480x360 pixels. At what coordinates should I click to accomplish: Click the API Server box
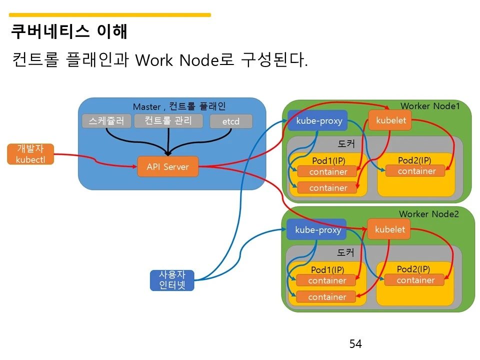(x=167, y=166)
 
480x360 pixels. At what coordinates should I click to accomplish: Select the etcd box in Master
(x=230, y=121)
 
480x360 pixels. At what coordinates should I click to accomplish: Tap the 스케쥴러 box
(x=106, y=121)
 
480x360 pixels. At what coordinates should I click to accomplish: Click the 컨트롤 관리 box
(x=168, y=120)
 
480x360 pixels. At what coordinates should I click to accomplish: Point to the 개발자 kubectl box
(x=30, y=154)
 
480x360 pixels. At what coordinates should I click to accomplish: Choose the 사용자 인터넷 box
(x=171, y=280)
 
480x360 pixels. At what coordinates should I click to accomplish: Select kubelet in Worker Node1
(x=390, y=120)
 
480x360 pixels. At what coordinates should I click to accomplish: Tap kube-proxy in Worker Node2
(x=316, y=229)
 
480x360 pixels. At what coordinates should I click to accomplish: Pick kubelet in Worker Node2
(x=389, y=229)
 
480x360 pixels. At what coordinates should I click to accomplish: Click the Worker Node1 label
(x=429, y=105)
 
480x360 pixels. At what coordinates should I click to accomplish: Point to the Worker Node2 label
(x=428, y=214)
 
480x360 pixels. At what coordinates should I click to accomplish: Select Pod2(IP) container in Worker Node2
(x=414, y=280)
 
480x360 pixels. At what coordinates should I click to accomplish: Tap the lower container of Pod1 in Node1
(x=327, y=188)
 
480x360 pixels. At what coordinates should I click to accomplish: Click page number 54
(x=355, y=344)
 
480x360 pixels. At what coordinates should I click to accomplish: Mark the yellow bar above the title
(x=110, y=15)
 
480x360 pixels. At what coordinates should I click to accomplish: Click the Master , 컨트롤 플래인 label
(x=179, y=106)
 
